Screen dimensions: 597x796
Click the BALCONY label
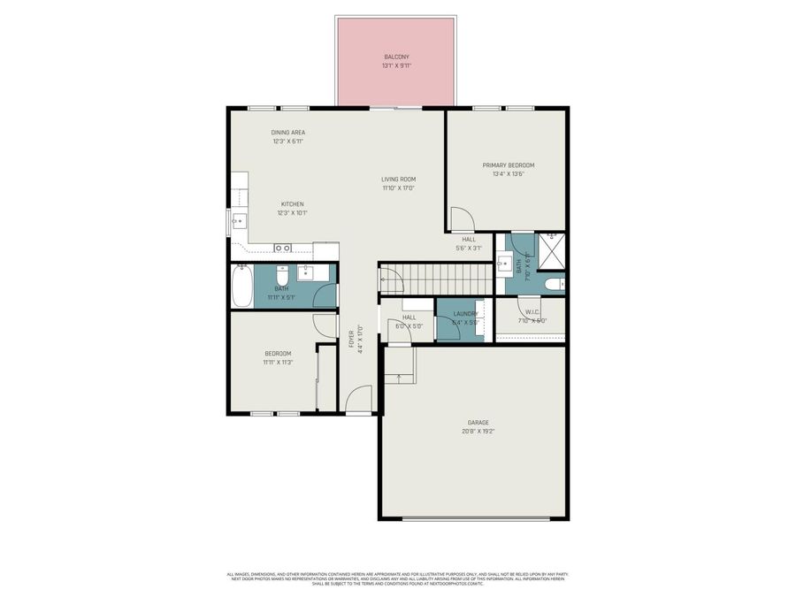(396, 56)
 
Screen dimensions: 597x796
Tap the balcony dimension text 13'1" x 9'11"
(396, 65)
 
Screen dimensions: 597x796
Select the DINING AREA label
(288, 133)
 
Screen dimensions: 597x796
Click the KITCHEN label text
(293, 203)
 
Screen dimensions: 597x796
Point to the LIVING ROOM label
(399, 179)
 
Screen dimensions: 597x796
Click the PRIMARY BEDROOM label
(509, 165)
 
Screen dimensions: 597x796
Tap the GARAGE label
(478, 423)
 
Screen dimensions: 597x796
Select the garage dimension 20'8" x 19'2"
(478, 432)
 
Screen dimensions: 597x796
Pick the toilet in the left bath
(282, 273)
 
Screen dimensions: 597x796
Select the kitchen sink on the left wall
(237, 221)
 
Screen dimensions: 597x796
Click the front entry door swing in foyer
(358, 401)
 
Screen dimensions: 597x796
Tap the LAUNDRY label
(465, 314)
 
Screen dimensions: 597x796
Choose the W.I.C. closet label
(531, 311)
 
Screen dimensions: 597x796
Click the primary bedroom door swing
(462, 218)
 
